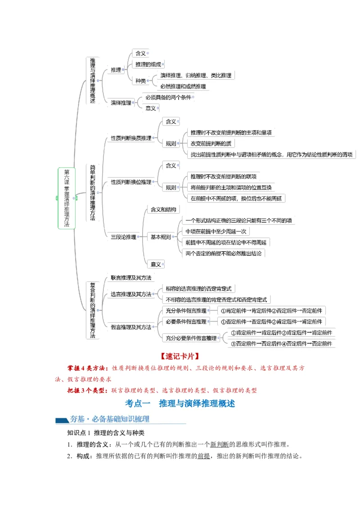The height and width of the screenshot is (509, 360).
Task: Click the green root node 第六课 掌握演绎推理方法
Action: (x=67, y=198)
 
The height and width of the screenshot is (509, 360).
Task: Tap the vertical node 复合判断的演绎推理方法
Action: (x=92, y=310)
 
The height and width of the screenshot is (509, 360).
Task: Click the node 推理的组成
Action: (x=148, y=65)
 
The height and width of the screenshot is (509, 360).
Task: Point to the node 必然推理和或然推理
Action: (x=183, y=86)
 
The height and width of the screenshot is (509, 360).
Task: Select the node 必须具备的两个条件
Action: (x=169, y=97)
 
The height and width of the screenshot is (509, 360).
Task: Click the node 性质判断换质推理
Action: (x=131, y=138)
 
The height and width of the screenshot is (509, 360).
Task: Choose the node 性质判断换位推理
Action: (x=131, y=182)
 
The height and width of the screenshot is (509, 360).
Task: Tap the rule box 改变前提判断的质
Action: (x=211, y=143)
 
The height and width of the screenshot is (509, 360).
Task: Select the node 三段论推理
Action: (x=123, y=237)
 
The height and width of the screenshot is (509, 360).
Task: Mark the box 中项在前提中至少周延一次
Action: (x=216, y=232)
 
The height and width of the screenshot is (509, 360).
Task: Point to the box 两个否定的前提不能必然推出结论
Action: (x=225, y=253)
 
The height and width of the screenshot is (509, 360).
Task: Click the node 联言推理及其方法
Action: (x=130, y=278)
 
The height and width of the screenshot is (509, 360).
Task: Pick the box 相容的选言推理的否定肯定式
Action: (x=198, y=289)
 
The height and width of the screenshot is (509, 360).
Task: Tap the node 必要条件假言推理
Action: (x=185, y=321)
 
